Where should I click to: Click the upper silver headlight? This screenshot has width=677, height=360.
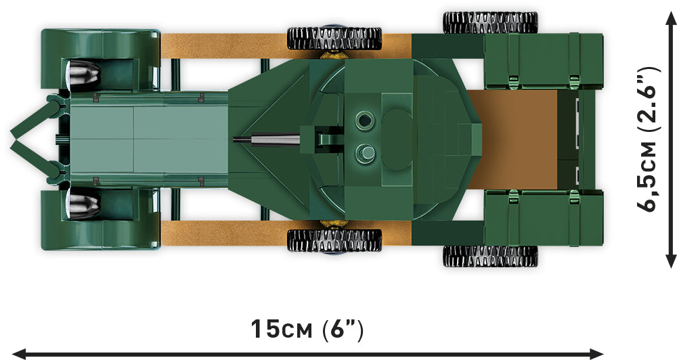pyautogui.click(x=84, y=75)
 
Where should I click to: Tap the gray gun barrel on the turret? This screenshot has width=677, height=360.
pyautogui.click(x=267, y=139)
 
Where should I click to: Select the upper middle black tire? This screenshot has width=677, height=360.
pyautogui.click(x=334, y=39)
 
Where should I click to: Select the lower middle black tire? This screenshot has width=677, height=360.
pyautogui.click(x=334, y=240)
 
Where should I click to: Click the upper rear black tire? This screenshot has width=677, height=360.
pyautogui.click(x=490, y=22)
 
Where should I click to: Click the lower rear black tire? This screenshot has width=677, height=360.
pyautogui.click(x=490, y=256)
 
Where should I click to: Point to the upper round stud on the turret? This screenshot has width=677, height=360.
pyautogui.click(x=365, y=120)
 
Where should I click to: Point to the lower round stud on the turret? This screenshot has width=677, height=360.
pyautogui.click(x=365, y=153)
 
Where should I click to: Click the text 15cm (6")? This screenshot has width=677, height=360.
pyautogui.click(x=307, y=330)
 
